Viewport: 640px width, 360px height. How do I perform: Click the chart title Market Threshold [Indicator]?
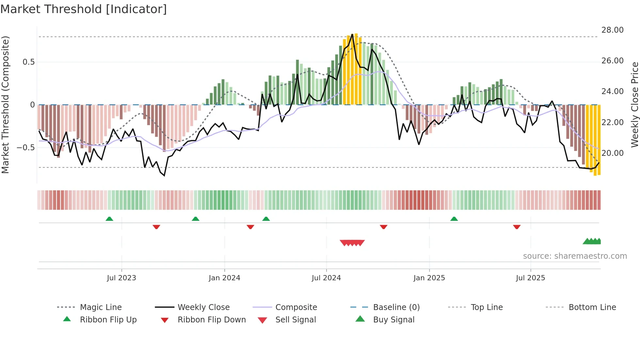[84, 9]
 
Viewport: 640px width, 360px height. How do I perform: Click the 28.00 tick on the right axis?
[612, 30]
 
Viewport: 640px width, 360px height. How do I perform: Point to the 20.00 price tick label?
[612, 153]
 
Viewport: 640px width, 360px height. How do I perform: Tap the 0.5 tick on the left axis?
[29, 62]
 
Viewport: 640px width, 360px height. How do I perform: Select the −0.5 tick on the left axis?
[26, 148]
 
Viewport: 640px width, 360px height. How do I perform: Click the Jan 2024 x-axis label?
[224, 278]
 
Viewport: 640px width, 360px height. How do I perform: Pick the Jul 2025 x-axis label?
[530, 278]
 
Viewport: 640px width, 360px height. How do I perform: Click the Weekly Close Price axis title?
[634, 105]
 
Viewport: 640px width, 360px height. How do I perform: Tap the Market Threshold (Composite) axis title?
[5, 105]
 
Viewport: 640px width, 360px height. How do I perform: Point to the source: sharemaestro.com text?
[575, 256]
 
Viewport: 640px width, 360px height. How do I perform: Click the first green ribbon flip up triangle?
[109, 219]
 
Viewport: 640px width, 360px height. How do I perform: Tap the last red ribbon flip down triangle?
[517, 227]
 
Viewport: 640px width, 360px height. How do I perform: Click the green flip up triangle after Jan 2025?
[454, 219]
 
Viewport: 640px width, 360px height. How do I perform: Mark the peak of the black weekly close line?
[352, 34]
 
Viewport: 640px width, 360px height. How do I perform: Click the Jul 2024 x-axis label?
[326, 278]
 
